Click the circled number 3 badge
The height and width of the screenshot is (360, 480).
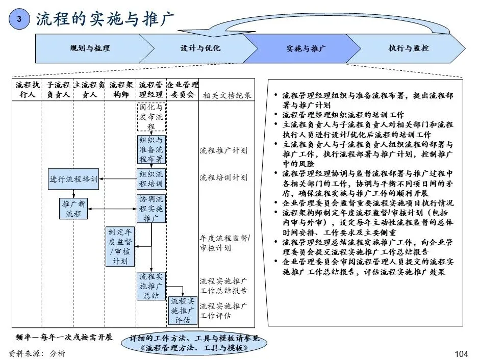pos(19,19)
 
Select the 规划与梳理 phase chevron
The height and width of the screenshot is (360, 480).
pos(90,48)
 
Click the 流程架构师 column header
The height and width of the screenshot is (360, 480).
pos(121,89)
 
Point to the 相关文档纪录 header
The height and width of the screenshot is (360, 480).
pos(227,95)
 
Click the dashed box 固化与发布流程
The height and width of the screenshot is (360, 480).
pos(151,117)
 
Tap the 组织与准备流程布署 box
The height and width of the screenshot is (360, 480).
pos(151,149)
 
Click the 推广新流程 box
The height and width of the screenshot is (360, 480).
pos(73,209)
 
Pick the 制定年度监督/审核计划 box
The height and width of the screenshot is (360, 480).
pos(120,246)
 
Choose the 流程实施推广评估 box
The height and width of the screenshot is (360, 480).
pos(183,310)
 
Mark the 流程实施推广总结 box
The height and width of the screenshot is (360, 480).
pos(151,286)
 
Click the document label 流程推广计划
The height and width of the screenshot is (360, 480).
pos(223,150)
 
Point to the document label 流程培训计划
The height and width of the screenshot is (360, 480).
pos(223,177)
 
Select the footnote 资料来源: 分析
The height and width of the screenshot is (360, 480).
pos(37,353)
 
